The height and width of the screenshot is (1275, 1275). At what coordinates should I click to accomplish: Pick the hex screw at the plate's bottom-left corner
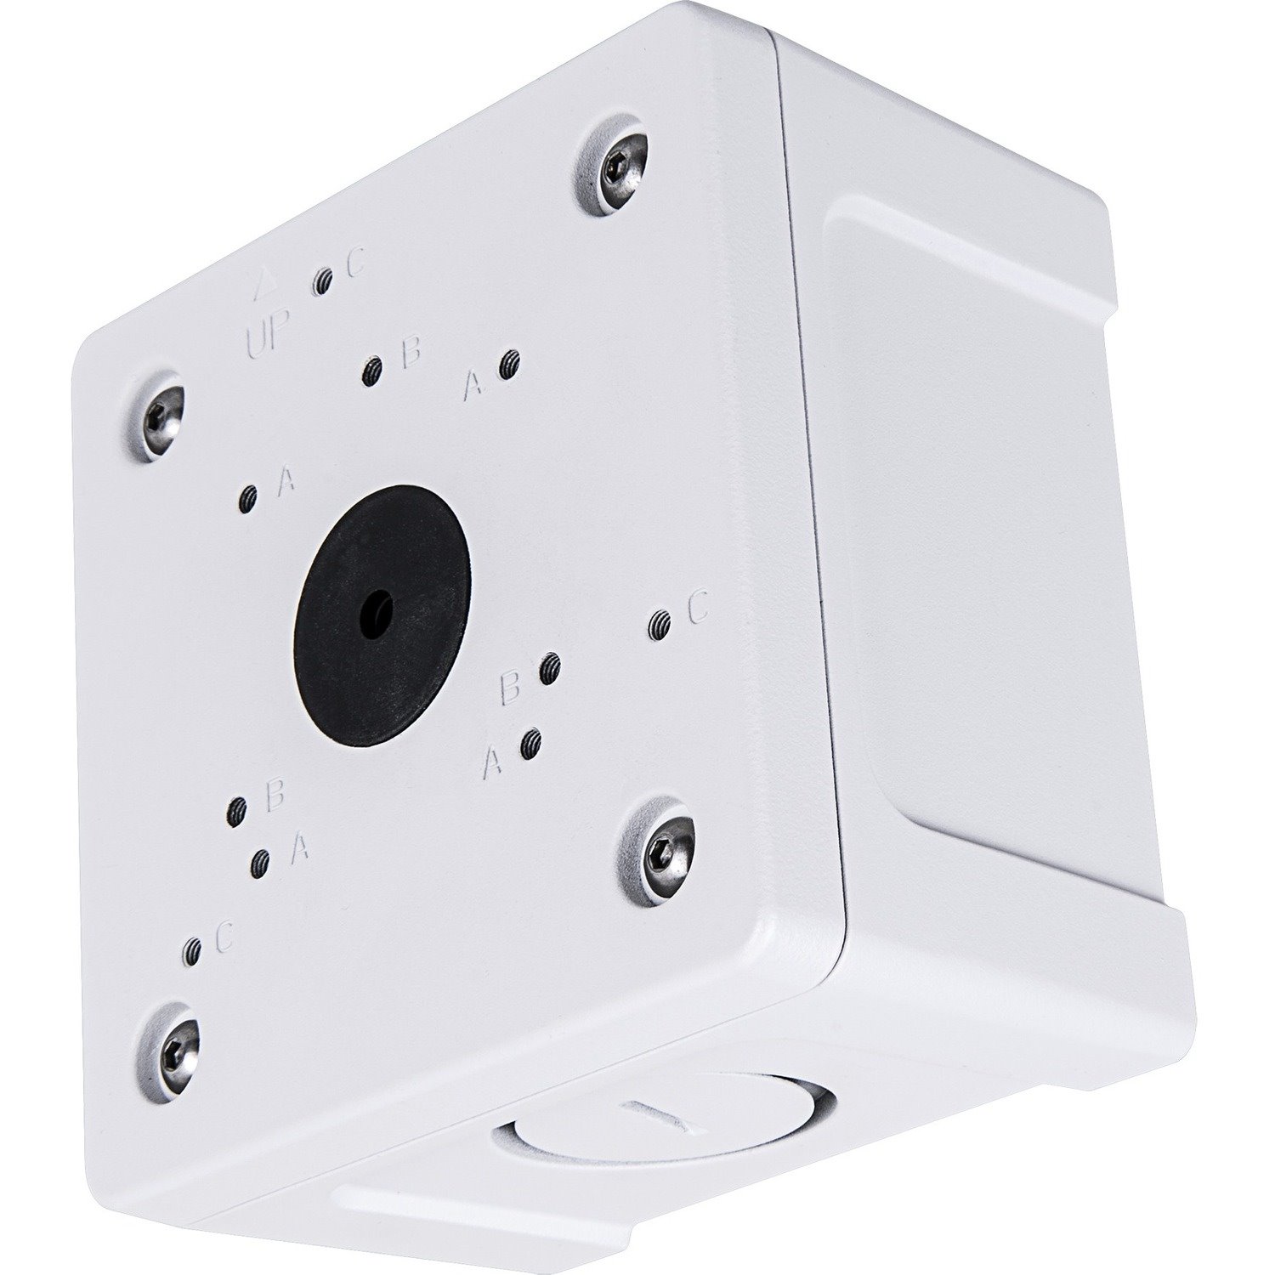[x=174, y=1048]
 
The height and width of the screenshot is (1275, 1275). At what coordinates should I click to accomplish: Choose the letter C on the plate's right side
[x=697, y=607]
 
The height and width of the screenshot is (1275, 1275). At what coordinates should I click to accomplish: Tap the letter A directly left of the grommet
[x=286, y=482]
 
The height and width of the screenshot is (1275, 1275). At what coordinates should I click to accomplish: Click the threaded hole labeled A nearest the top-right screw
[x=509, y=365]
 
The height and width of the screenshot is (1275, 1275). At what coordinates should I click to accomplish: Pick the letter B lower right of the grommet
[x=510, y=688]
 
